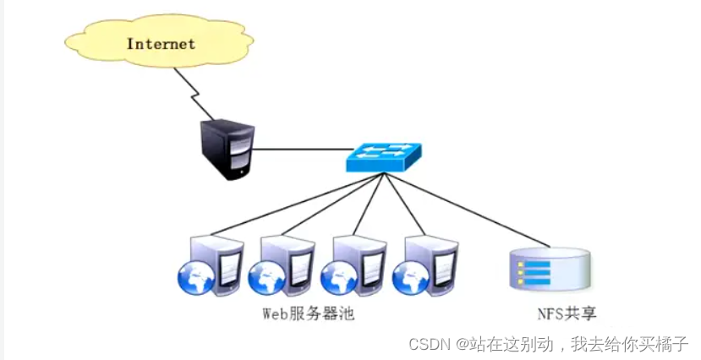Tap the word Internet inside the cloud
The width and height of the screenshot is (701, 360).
[161, 43]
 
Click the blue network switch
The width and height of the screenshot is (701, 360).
[384, 156]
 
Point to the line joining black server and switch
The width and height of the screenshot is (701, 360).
[300, 150]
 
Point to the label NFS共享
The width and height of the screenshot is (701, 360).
[567, 314]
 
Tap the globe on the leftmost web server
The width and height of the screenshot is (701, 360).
[194, 278]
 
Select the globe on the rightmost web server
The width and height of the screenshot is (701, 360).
[409, 278]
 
